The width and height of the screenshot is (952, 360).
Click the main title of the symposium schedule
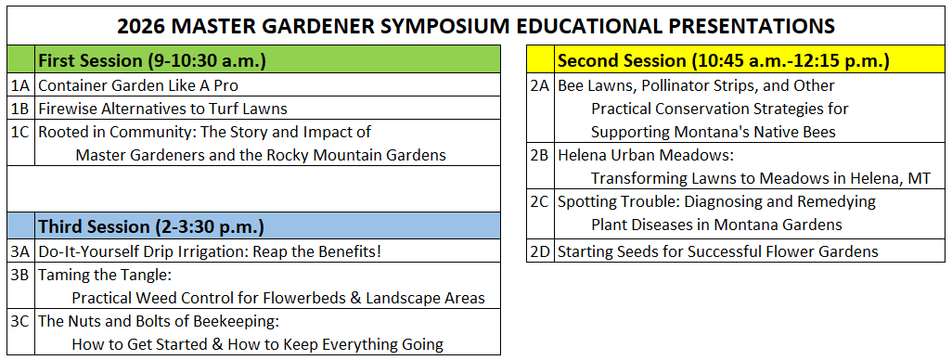475,26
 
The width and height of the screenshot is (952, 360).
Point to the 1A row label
20,85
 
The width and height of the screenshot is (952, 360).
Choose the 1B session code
20,109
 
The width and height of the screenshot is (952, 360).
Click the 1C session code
20,132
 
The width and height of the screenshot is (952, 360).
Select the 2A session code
540,85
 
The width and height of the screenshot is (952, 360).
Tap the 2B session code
540,155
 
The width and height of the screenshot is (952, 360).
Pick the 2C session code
540,201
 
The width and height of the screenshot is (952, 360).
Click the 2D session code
540,251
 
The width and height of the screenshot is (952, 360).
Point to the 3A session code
20,251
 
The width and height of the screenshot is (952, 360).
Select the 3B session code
20,275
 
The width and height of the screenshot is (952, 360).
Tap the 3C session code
20,321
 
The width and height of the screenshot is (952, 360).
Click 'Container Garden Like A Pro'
138,85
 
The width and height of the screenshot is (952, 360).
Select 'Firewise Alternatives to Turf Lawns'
162,109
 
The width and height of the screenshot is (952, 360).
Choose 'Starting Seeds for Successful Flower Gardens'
717,251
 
